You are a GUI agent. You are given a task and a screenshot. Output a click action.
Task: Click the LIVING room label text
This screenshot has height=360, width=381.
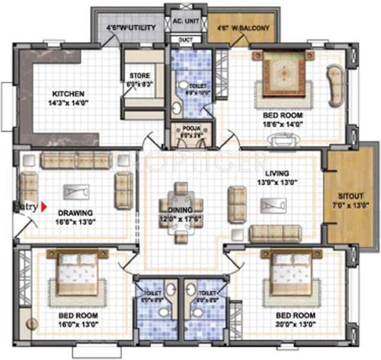(267, 173)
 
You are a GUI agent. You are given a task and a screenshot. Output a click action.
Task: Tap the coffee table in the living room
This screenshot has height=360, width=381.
(271, 205)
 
